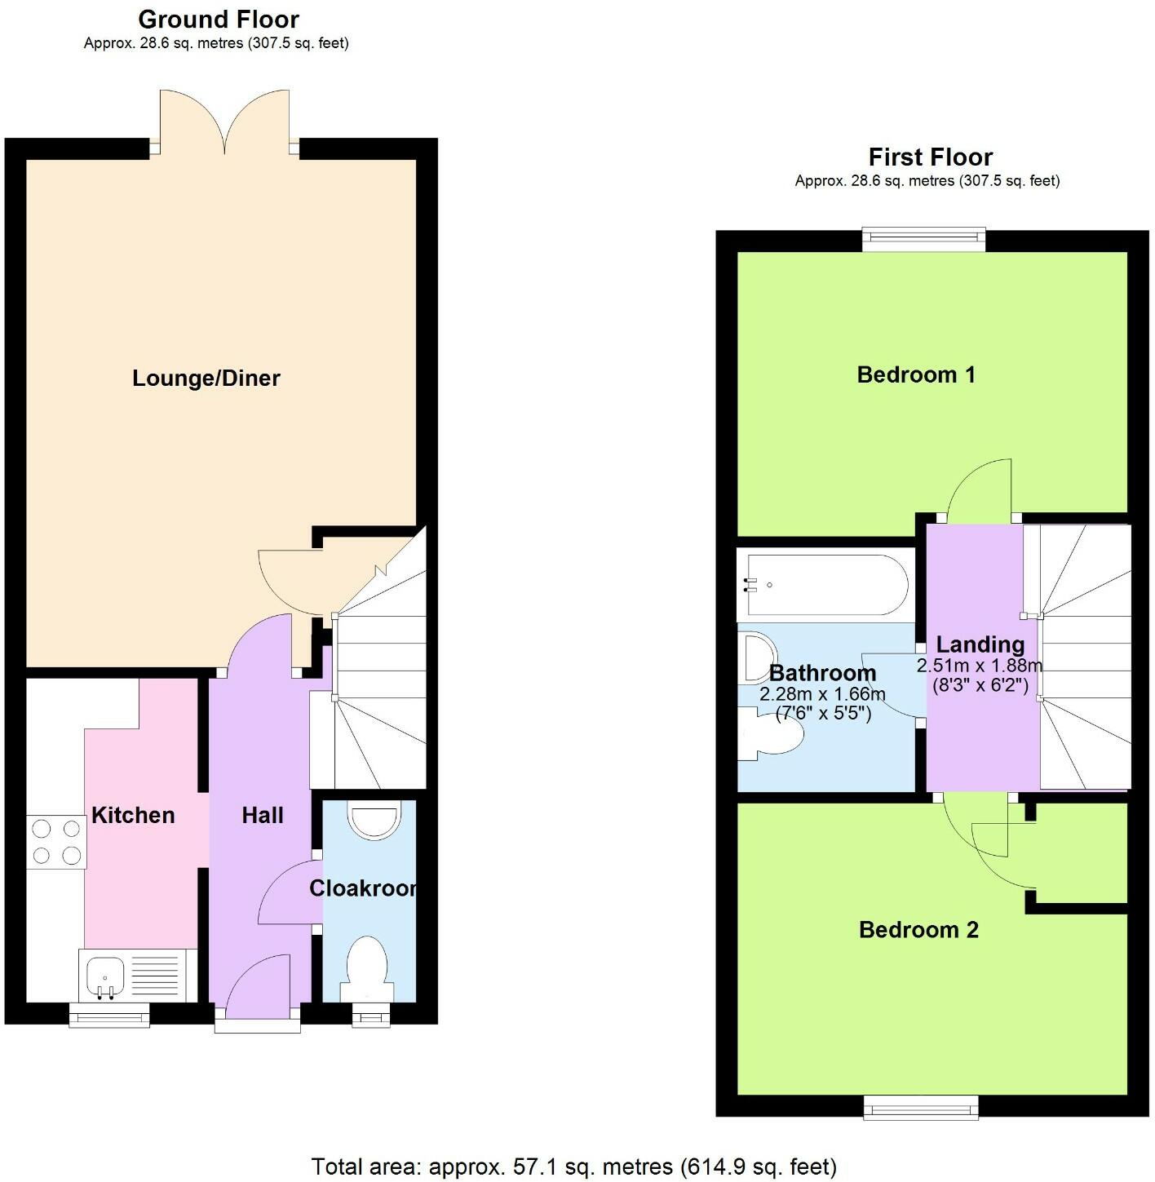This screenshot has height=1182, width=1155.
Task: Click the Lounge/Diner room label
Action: [206, 379]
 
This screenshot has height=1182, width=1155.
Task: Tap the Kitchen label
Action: [133, 815]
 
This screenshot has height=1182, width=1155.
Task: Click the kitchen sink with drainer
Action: [138, 976]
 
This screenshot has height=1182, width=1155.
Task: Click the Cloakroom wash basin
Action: [374, 820]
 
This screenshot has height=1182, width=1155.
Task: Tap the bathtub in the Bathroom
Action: [822, 585]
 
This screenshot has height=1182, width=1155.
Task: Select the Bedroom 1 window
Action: [924, 237]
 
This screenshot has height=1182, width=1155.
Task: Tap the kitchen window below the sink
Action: [109, 1016]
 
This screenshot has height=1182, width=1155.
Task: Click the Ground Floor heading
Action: [218, 20]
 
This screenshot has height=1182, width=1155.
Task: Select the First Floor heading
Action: [930, 157]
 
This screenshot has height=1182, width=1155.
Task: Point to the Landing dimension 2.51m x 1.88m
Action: [979, 666]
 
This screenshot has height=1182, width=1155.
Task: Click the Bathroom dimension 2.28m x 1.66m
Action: [822, 694]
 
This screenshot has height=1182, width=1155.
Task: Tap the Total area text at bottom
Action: [574, 1167]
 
